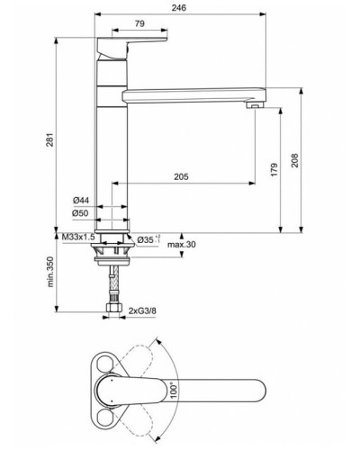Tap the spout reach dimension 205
(x=180, y=178)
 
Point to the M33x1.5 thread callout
(x=79, y=237)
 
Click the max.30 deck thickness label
(x=181, y=245)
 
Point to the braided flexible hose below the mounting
(x=114, y=288)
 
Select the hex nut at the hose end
(x=114, y=309)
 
